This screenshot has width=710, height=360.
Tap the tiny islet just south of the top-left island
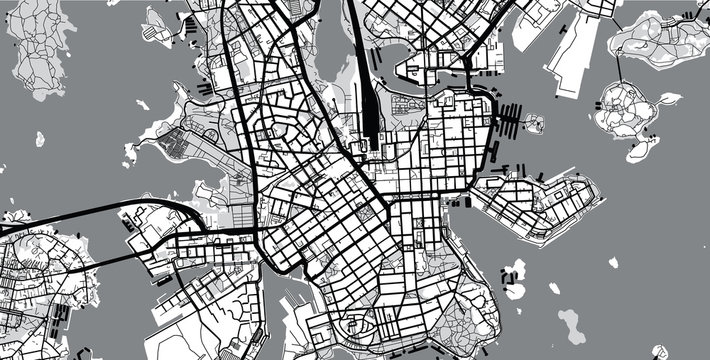[x=40, y=139]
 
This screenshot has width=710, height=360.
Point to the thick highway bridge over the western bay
[x=100, y=212]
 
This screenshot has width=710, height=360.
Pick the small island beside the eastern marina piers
[x=535, y=125]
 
